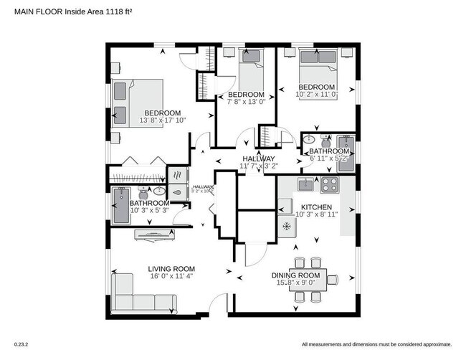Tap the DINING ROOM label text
pos(295,275)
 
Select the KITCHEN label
pos(315,207)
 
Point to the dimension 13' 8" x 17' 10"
pos(163,120)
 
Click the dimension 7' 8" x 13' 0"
pos(246,103)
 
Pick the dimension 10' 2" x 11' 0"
pos(316,94)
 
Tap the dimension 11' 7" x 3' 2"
pos(258,166)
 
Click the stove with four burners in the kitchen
pos(330,184)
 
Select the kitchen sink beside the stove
pos(305,184)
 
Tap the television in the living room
pos(153,233)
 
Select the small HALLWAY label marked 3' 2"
pos(201,189)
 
